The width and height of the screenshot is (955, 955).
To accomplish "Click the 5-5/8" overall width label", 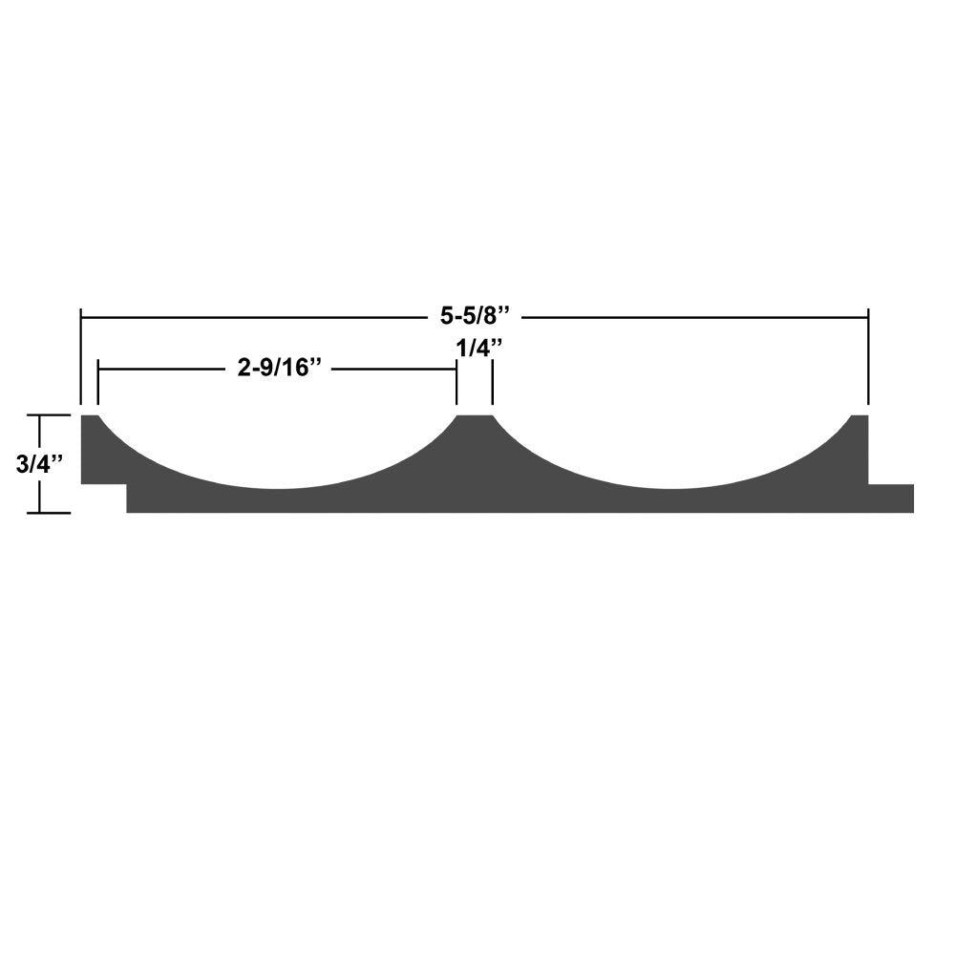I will tap(475, 314).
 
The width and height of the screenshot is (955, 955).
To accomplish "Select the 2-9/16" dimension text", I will tap(277, 369).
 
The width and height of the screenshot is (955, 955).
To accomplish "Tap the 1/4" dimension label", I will tap(475, 349).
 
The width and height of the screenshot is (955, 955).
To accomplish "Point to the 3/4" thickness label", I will tap(39, 464).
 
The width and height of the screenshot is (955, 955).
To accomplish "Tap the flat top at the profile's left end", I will tap(90, 418).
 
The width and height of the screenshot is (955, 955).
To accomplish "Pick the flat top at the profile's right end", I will tap(859, 418).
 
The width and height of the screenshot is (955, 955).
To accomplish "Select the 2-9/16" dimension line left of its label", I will tap(162, 369).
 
